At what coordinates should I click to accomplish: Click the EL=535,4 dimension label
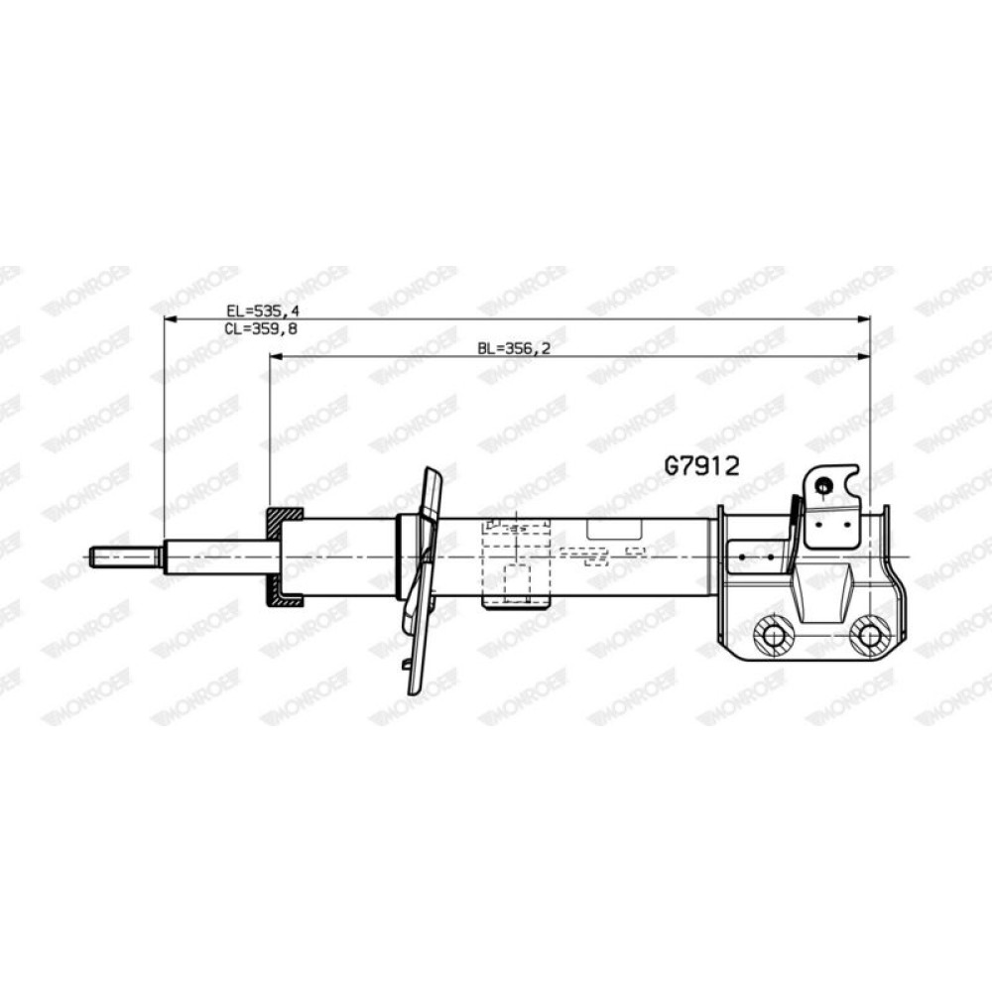[263, 310]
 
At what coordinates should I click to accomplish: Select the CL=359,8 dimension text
[261, 329]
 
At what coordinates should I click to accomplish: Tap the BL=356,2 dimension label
[514, 348]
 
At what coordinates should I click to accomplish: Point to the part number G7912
[701, 466]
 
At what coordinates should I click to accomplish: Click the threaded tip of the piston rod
[124, 557]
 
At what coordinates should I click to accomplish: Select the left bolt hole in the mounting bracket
[774, 635]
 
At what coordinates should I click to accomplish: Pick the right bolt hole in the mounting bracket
[869, 635]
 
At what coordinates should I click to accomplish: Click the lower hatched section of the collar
[284, 594]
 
